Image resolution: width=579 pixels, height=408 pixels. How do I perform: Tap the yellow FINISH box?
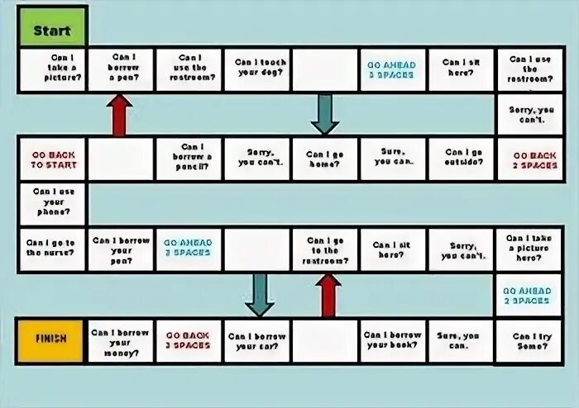coord(51,338)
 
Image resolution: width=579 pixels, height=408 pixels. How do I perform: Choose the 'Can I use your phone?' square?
coord(53,202)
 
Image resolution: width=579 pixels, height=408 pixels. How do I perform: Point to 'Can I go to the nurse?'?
coord(53,249)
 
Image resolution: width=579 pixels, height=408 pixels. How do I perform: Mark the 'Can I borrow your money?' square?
coord(121,339)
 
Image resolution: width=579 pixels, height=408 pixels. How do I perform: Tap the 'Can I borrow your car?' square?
coord(257,339)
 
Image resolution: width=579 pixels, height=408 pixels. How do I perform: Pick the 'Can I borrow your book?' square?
coord(393,339)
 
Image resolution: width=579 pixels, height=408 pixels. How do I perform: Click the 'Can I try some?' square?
coord(529,339)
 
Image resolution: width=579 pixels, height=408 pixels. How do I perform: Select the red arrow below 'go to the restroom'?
coord(328,295)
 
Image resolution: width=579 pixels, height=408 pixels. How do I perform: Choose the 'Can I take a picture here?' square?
coord(529,249)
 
